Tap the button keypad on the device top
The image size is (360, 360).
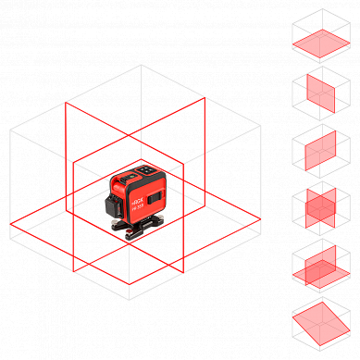[x=148, y=170]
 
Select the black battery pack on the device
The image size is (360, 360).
[x=113, y=205]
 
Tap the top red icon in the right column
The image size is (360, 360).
[x=322, y=43]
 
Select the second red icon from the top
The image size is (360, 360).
[x=320, y=93]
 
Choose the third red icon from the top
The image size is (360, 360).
[x=320, y=150]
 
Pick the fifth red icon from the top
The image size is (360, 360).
[x=320, y=267]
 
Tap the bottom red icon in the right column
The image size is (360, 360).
[x=320, y=322]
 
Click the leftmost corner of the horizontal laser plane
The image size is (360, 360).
[x=11, y=224]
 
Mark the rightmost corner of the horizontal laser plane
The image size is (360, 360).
[x=262, y=219]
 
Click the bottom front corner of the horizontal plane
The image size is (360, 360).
[x=130, y=283]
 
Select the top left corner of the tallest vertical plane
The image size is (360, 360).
[x=66, y=102]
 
